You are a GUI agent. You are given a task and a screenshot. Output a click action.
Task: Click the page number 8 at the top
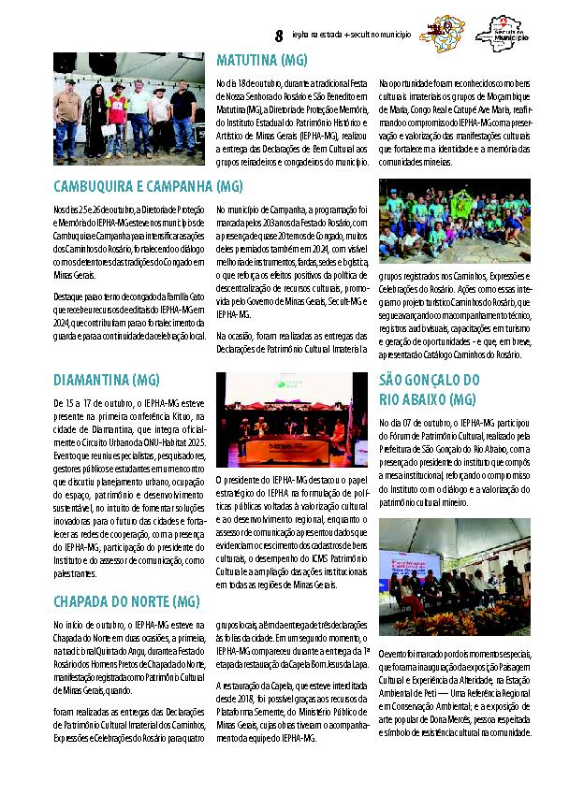pos(278,36)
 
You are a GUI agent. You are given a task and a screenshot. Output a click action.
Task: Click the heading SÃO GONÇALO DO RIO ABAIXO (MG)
pos(429,389)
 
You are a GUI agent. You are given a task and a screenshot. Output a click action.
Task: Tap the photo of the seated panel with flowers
pos(454,576)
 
